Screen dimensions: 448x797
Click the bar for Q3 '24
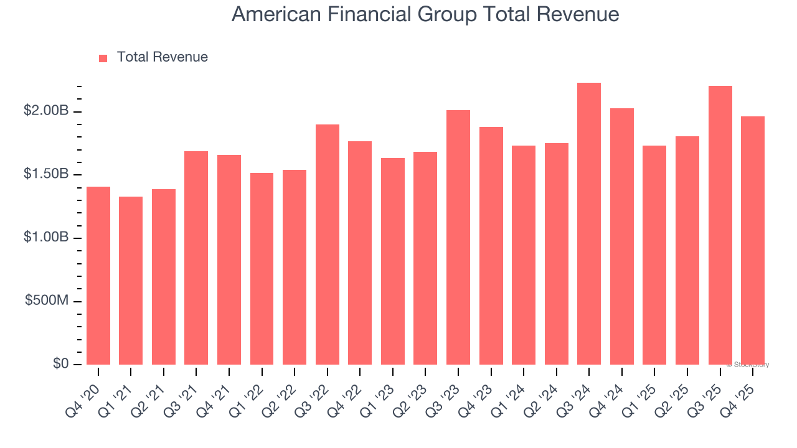[589, 224]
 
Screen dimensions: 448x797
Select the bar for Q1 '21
[131, 281]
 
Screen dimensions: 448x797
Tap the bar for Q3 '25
[720, 225]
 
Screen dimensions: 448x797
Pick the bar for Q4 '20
[98, 276]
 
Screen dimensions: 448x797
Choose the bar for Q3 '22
[328, 245]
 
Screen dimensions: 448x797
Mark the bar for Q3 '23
[458, 237]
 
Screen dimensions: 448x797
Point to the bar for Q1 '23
[393, 261]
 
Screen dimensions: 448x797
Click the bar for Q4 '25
[753, 240]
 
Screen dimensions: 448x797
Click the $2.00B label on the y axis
[46, 111]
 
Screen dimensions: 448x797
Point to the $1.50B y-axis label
[46, 174]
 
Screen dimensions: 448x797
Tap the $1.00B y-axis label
[46, 238]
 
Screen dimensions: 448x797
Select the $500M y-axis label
[47, 301]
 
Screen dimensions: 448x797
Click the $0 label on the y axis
[60, 363]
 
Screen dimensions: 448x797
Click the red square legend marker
[103, 58]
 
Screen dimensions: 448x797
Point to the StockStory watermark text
[748, 365]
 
